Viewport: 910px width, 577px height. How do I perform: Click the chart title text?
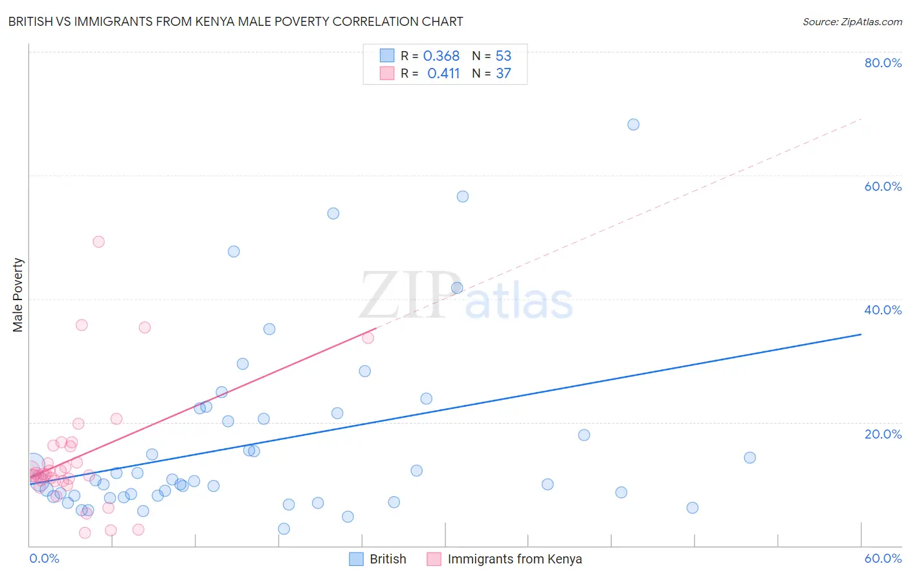[236, 21]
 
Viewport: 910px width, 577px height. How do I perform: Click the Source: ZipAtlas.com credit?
[852, 21]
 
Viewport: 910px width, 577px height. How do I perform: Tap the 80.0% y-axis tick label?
[883, 63]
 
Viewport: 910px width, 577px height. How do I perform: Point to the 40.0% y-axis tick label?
[883, 310]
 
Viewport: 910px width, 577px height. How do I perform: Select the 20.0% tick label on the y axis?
[883, 434]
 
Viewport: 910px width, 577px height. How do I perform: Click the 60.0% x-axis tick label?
[883, 558]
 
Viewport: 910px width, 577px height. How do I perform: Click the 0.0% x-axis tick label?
[45, 558]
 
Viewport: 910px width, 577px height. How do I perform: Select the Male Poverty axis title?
[18, 295]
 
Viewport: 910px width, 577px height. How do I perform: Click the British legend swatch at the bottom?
[356, 559]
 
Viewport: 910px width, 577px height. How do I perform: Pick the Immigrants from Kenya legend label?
[515, 559]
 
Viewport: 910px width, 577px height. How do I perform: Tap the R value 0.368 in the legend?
[441, 56]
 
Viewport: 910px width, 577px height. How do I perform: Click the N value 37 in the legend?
[504, 74]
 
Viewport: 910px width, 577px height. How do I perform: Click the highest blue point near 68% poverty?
[633, 124]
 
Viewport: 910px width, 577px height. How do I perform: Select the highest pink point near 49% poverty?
[98, 241]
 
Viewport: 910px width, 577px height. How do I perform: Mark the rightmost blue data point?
[749, 457]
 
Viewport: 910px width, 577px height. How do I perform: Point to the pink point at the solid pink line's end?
[368, 338]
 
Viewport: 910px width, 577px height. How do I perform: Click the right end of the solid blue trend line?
[861, 334]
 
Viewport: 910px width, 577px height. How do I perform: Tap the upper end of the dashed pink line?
[861, 119]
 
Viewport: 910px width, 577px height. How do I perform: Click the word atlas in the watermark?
[519, 301]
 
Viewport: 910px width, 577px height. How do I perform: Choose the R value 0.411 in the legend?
[443, 74]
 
